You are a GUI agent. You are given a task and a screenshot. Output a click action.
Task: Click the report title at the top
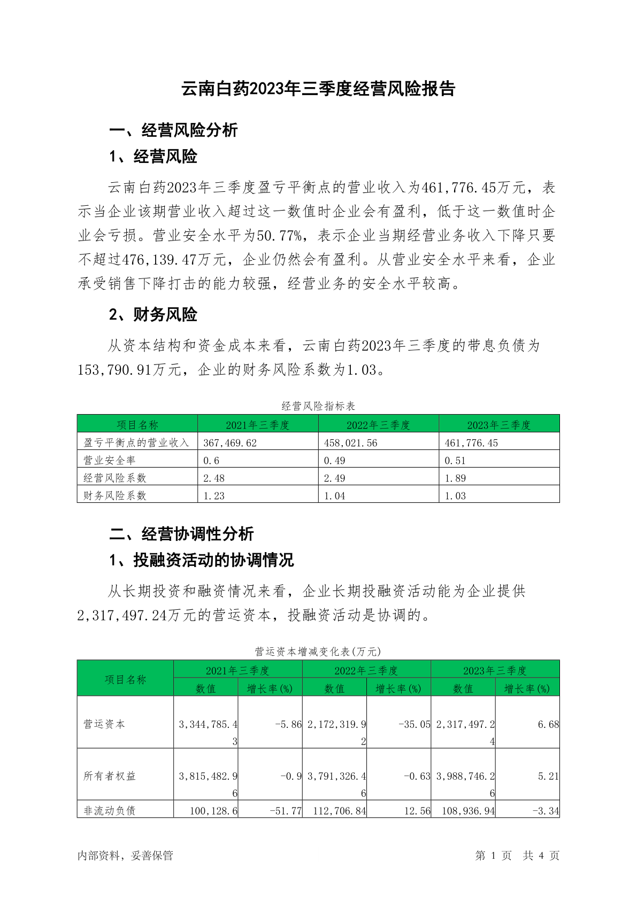pyautogui.click(x=318, y=89)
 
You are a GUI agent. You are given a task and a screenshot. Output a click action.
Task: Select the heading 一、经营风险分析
pyautogui.click(x=173, y=130)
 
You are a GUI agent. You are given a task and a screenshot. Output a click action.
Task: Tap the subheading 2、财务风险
pyautogui.click(x=153, y=315)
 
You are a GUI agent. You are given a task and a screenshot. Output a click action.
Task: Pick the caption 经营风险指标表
pyautogui.click(x=318, y=406)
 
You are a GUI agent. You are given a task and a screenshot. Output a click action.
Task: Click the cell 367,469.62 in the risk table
pyautogui.click(x=230, y=443)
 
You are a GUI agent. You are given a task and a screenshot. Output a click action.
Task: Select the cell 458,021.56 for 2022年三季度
pyautogui.click(x=351, y=443)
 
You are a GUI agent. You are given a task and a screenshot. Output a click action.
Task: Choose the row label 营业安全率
pyautogui.click(x=110, y=461)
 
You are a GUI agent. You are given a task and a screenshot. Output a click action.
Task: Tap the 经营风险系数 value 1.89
pyautogui.click(x=455, y=478)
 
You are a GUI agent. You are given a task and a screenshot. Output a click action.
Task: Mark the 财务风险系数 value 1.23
pyautogui.click(x=214, y=496)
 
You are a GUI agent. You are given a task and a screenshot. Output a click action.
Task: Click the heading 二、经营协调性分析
pyautogui.click(x=181, y=534)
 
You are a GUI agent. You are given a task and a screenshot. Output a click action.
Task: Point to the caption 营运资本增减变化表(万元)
pyautogui.click(x=318, y=651)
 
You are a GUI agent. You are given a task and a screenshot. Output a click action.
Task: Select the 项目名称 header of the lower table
pyautogui.click(x=125, y=679)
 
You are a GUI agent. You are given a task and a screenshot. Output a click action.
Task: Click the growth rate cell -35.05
pyautogui.click(x=415, y=725)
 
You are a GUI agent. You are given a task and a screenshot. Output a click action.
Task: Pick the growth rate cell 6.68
pyautogui.click(x=548, y=725)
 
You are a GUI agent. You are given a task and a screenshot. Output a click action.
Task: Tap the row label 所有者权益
pyautogui.click(x=110, y=776)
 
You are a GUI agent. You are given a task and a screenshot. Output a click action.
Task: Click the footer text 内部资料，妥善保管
pyautogui.click(x=125, y=856)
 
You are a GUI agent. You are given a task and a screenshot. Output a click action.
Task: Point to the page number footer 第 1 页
pyautogui.click(x=493, y=856)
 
